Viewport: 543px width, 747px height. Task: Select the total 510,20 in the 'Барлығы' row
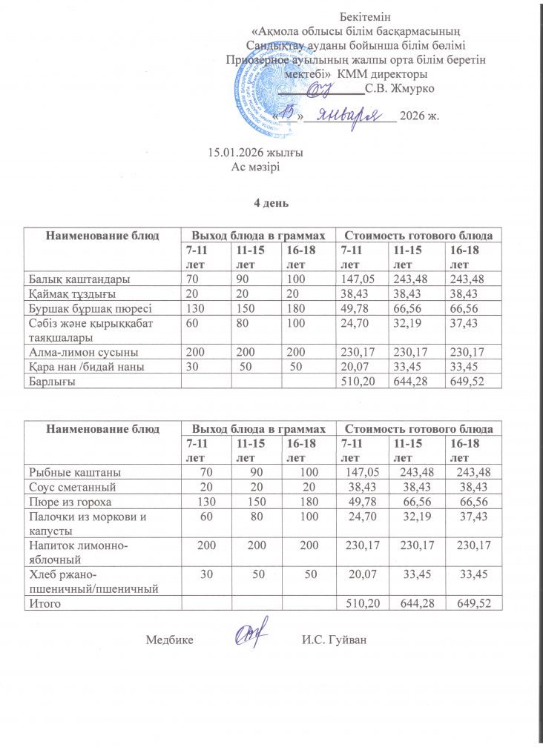coord(357,381)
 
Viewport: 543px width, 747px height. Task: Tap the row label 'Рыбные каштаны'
coord(75,471)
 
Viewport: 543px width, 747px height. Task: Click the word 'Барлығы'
coord(53,381)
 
